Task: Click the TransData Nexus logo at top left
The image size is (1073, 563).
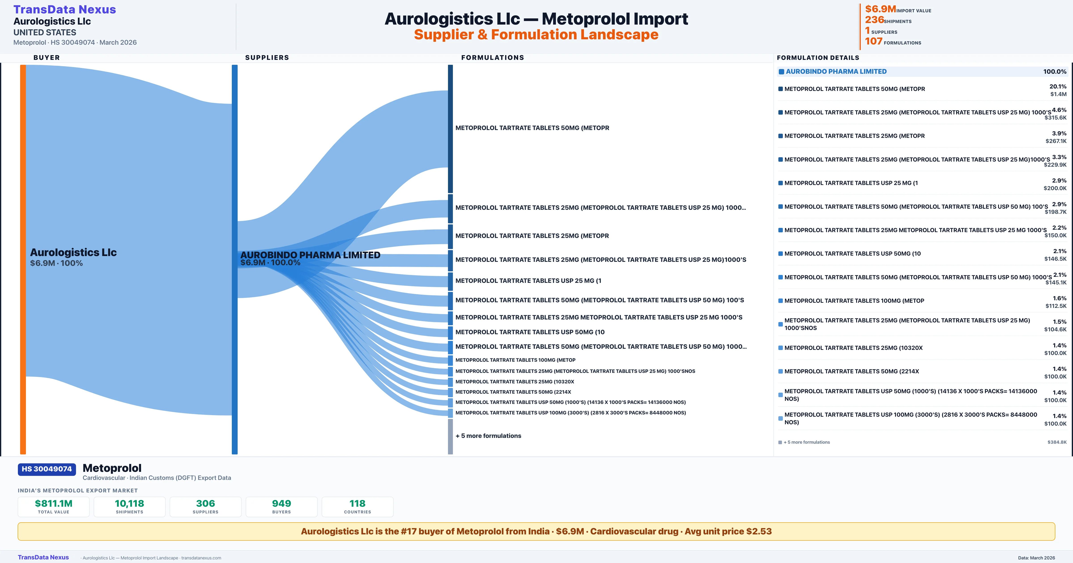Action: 65,10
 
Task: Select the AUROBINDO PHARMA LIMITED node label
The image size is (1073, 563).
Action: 310,255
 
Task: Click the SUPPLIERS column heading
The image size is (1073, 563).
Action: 267,57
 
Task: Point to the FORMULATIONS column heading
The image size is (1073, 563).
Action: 492,57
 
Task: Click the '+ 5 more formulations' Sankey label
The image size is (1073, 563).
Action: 488,436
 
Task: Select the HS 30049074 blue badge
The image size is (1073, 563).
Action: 47,469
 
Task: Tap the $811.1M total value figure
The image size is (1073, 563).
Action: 54,503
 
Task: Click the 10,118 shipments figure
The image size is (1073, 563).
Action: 130,503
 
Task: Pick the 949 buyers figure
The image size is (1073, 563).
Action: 282,503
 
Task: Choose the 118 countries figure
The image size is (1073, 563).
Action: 357,503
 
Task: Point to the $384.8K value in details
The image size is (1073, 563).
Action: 1057,442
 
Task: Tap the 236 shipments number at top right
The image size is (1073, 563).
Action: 874,20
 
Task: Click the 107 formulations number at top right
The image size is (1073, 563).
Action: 873,41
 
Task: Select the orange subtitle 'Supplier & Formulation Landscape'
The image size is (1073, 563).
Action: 536,35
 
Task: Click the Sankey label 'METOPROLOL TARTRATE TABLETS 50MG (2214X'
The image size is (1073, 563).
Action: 513,392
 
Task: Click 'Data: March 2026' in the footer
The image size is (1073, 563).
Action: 1036,558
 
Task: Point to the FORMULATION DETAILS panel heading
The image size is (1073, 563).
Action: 818,57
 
